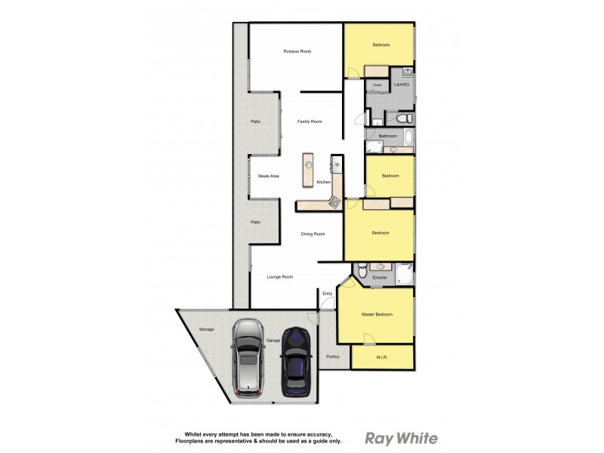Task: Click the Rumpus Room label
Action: (x=297, y=51)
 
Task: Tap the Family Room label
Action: (x=310, y=122)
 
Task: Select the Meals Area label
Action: (x=269, y=176)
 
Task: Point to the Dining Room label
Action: (x=313, y=234)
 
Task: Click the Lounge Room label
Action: (x=280, y=277)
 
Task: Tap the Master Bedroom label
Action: (x=377, y=314)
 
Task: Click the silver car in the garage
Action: (x=248, y=357)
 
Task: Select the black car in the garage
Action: (x=296, y=362)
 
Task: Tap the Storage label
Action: (x=206, y=330)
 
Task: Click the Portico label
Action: (x=333, y=356)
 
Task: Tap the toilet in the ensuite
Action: (x=362, y=271)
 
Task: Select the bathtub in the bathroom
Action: (x=408, y=137)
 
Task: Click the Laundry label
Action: (x=401, y=85)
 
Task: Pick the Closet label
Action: (x=377, y=85)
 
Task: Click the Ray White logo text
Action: (x=401, y=438)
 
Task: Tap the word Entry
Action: (x=328, y=293)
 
